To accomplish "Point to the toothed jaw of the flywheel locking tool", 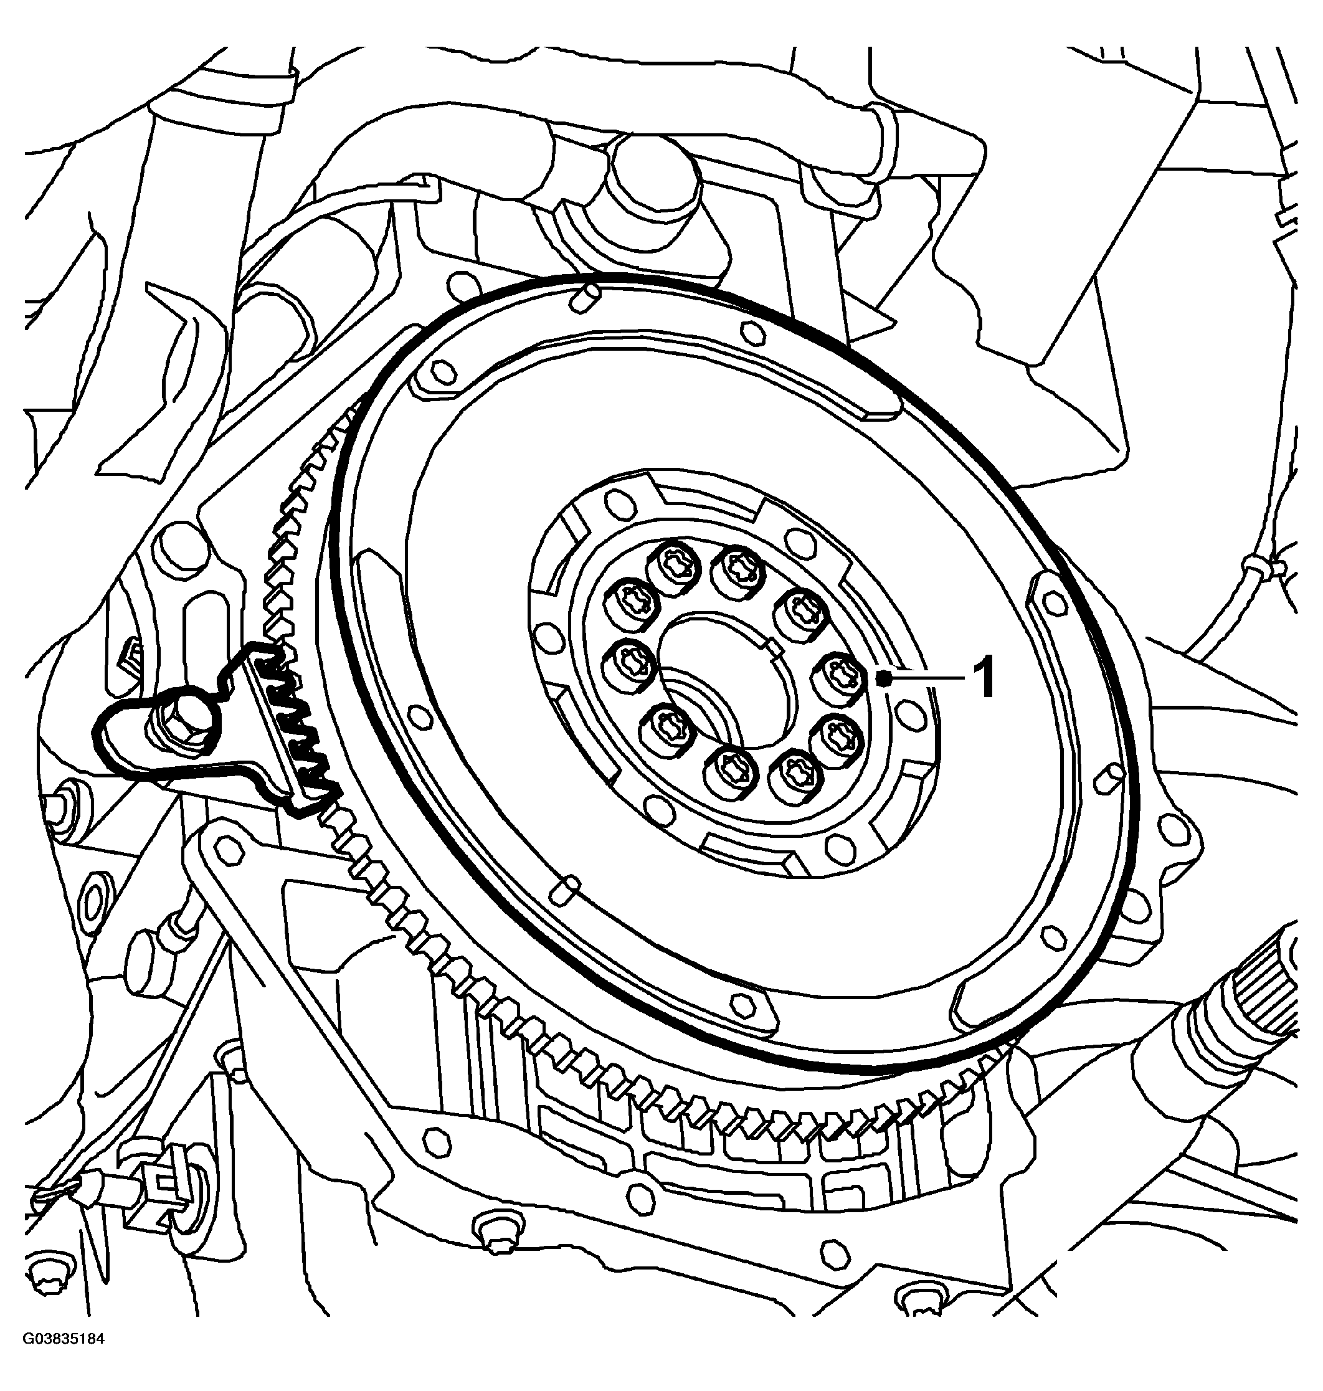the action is tap(296, 726).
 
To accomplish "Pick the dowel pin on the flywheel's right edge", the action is tap(1109, 776).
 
